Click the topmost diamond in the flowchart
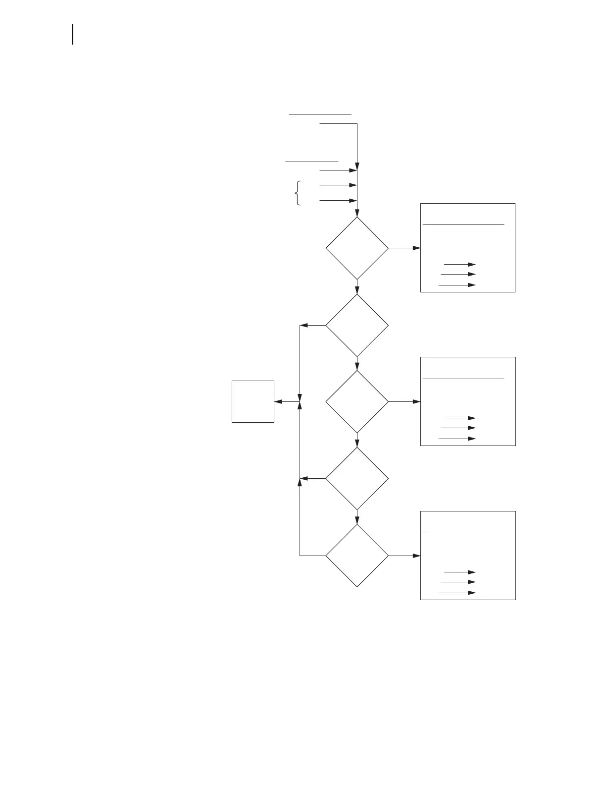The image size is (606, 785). coord(357,248)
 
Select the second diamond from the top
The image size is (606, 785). coord(357,325)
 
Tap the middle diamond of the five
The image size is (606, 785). coord(357,401)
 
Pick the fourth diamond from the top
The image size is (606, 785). coord(357,478)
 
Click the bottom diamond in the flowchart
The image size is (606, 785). coord(357,556)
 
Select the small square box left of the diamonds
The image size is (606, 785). coord(252,401)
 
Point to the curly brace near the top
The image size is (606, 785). coord(297,193)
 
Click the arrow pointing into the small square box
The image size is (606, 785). coord(287,401)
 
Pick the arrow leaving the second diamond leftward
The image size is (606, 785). coord(313,325)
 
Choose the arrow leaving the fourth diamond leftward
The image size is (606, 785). coord(313,478)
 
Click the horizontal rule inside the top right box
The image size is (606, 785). coord(463,224)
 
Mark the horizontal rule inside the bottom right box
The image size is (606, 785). coord(463,533)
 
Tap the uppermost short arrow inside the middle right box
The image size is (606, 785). coord(459,418)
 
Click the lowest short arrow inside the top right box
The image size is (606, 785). coord(457,285)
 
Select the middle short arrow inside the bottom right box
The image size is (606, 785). coord(458,582)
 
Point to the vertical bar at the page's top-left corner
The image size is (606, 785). coord(73,34)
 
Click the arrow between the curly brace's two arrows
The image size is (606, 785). coord(338,185)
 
